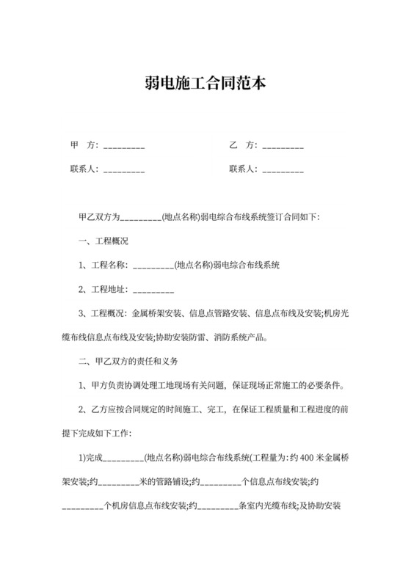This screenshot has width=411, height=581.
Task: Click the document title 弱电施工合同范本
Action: click(x=205, y=83)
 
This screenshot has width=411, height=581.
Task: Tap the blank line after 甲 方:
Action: click(x=124, y=146)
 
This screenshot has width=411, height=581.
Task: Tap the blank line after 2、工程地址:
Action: click(x=153, y=289)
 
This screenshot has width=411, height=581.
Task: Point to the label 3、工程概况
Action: click(x=102, y=313)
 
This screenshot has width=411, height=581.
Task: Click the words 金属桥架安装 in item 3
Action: click(x=156, y=313)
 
